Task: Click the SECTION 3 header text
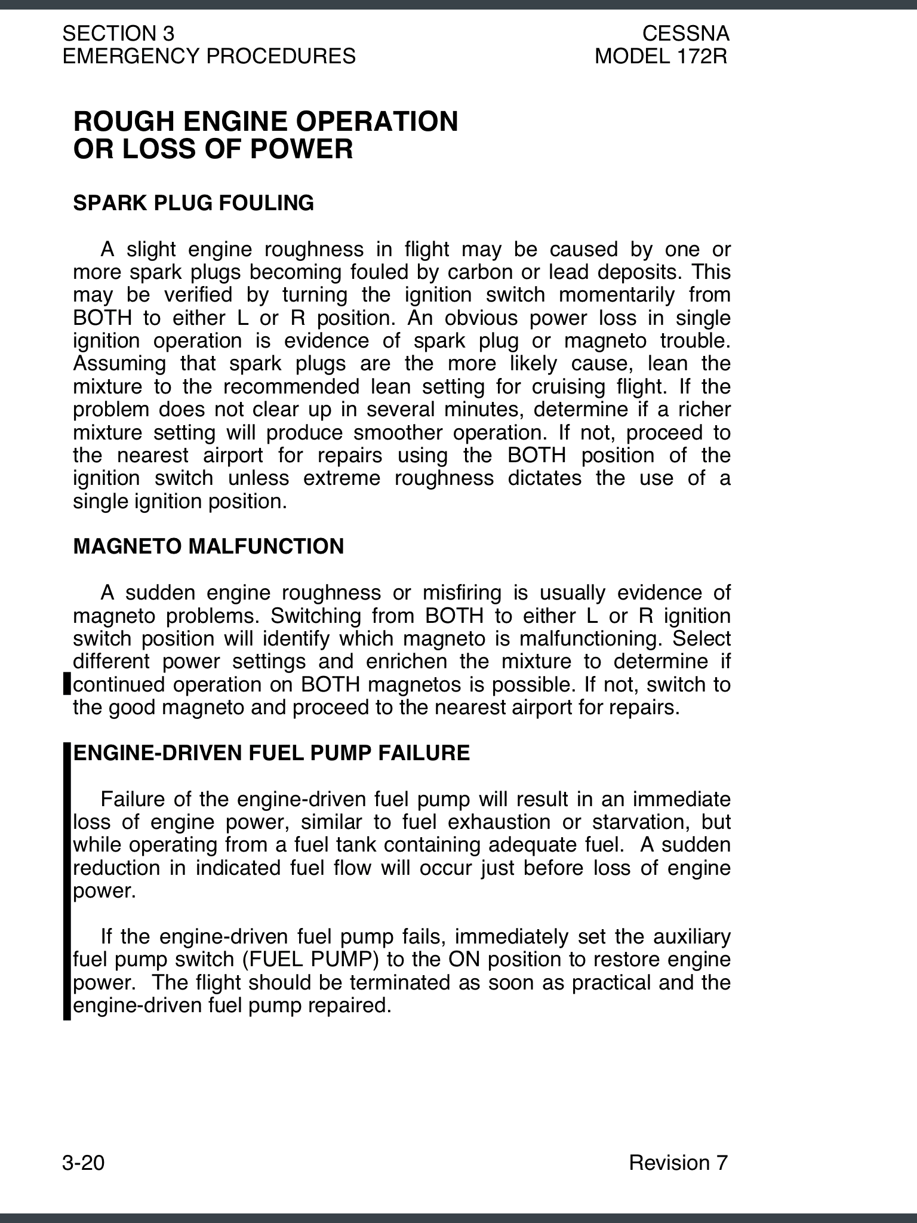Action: pos(118,33)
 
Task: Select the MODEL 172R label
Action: pos(661,57)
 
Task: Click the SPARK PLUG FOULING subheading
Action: pos(193,203)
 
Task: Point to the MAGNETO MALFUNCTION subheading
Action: pos(208,546)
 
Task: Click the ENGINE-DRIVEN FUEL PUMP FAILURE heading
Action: pos(272,753)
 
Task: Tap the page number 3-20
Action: pos(83,1163)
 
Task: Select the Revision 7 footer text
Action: pos(678,1163)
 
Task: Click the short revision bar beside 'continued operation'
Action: pos(67,684)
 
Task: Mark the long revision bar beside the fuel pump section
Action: pos(67,881)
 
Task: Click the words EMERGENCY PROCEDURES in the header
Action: pos(209,57)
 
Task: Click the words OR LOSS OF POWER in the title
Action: pos(213,149)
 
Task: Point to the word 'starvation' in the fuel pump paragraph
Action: pos(640,822)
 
